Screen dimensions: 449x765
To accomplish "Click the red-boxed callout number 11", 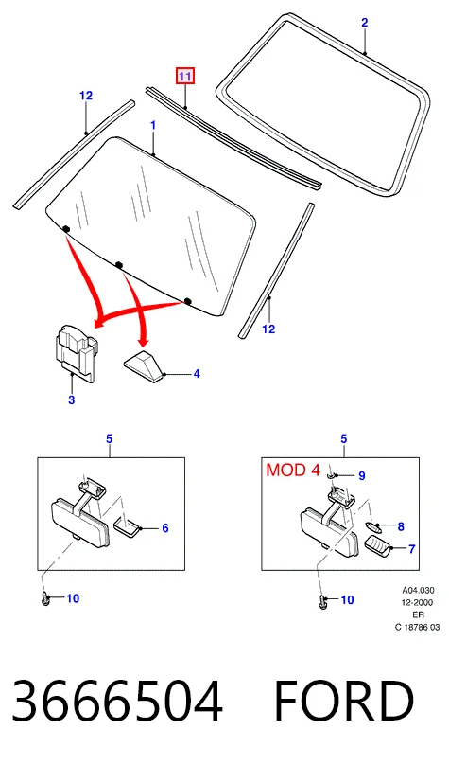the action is click(x=185, y=76).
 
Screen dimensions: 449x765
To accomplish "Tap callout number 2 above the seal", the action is click(x=364, y=22).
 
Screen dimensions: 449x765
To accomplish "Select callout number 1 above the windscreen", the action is click(x=153, y=125).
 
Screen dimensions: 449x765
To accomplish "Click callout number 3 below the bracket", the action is click(x=72, y=400).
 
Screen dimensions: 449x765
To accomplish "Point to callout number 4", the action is click(x=197, y=374).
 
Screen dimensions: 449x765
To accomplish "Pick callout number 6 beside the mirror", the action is click(x=165, y=528).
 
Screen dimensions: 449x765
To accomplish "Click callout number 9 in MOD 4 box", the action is click(x=361, y=475).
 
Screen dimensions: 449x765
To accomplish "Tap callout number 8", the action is click(x=401, y=526).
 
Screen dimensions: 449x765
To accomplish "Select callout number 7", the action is click(x=411, y=549).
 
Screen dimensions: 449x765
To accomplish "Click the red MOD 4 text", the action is click(x=293, y=470).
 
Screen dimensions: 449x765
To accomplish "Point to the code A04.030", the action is click(x=418, y=591).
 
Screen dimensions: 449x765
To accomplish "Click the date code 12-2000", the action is click(x=418, y=602).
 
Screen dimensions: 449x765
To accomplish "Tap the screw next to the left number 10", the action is click(x=45, y=598).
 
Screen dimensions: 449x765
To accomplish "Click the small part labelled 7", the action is click(x=378, y=546).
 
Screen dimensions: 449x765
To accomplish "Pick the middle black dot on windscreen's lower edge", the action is click(x=119, y=265).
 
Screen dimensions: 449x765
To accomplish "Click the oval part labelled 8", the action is click(x=373, y=526).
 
